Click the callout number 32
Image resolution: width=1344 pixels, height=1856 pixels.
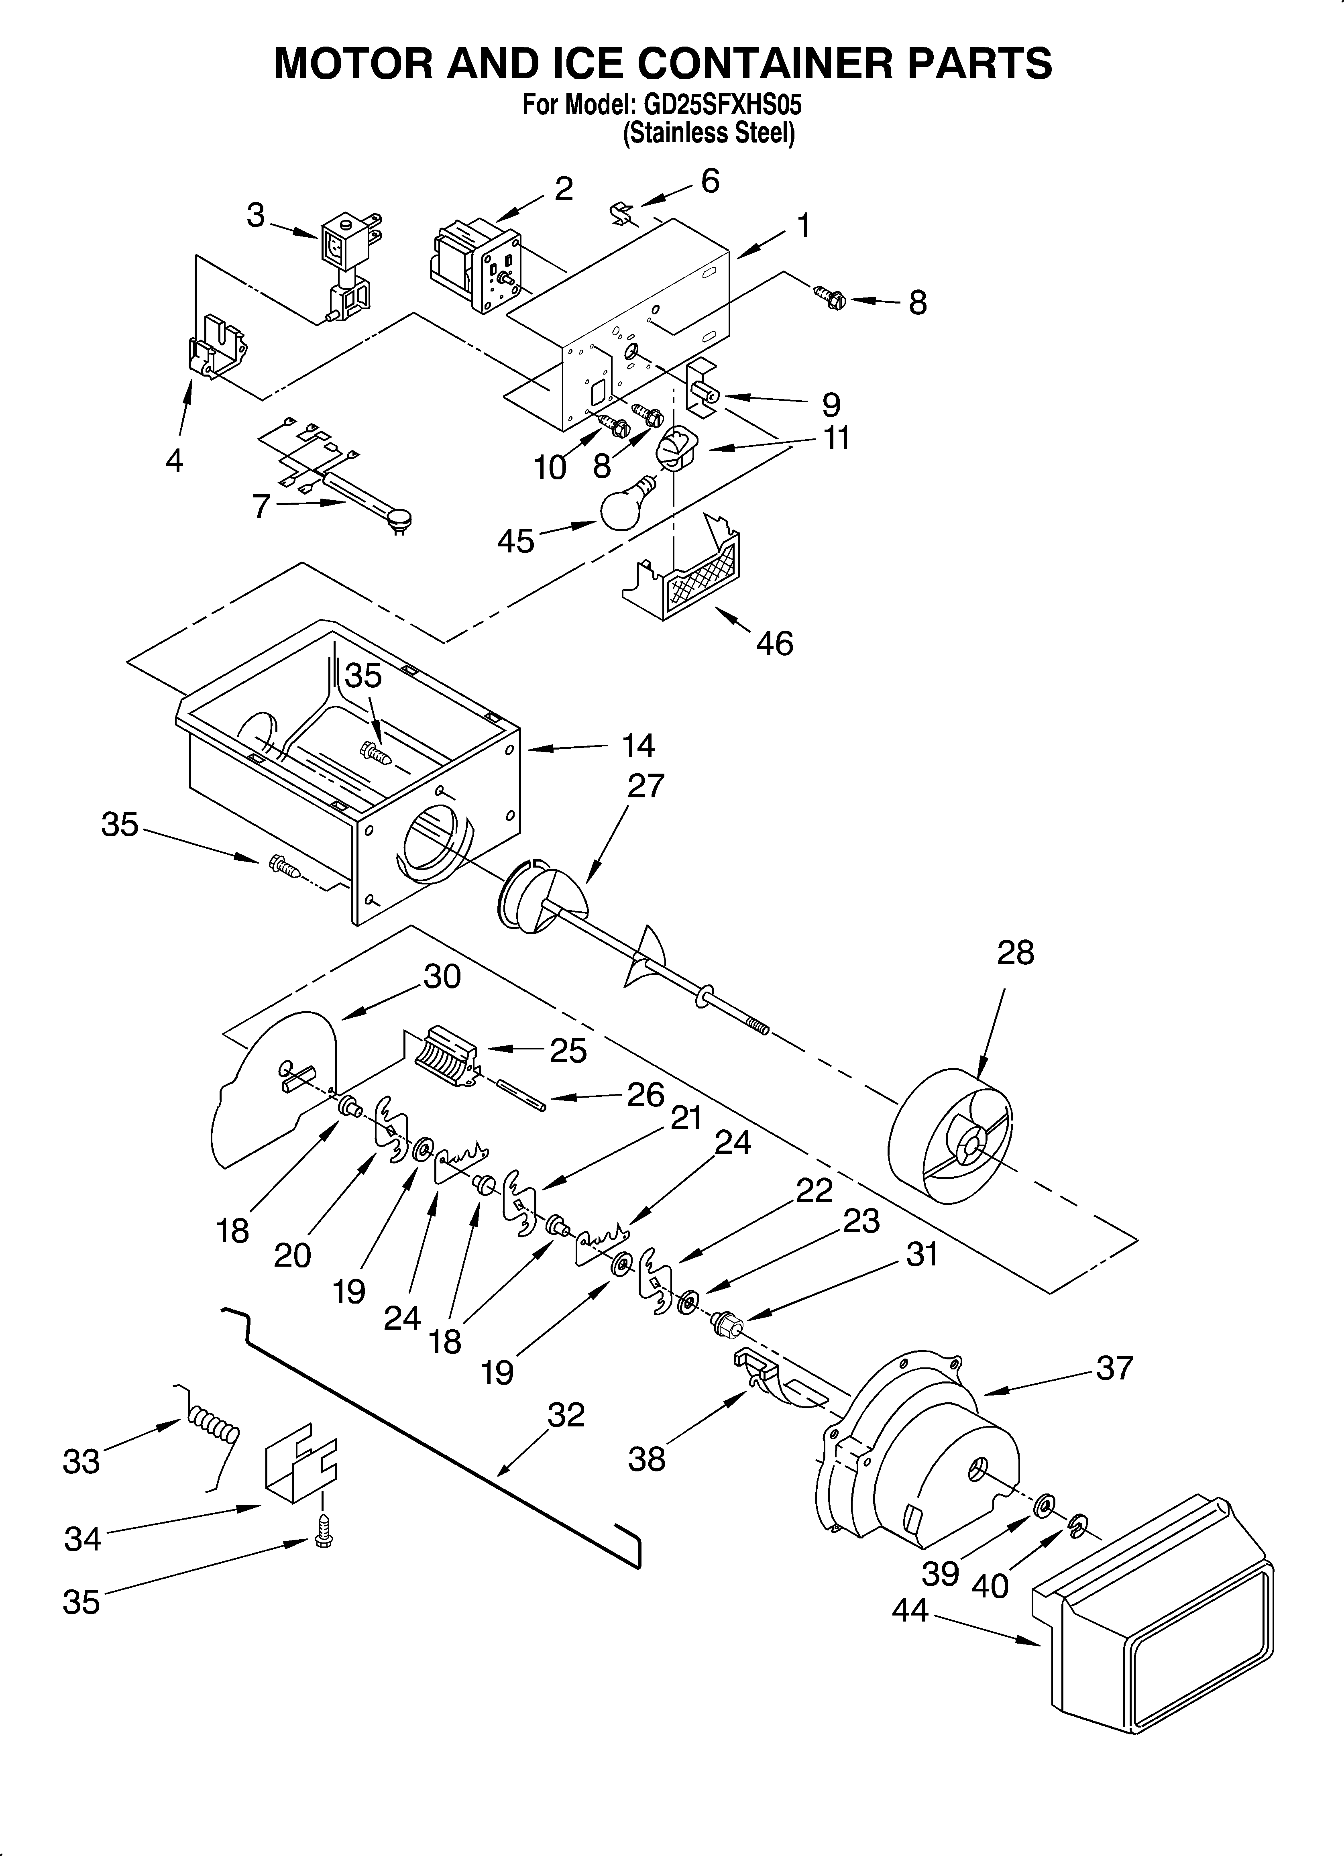(566, 1415)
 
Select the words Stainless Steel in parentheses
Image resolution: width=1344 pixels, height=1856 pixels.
(709, 133)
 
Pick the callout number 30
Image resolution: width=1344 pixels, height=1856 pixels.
(442, 977)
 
